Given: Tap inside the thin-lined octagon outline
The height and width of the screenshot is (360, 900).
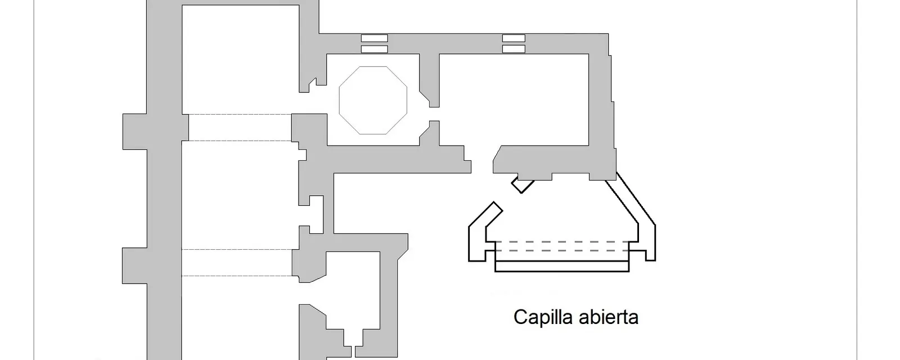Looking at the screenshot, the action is [x=373, y=100].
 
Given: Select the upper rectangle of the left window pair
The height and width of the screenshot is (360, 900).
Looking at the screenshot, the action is [x=375, y=38].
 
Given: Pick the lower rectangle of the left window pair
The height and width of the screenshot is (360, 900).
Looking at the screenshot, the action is [x=375, y=49].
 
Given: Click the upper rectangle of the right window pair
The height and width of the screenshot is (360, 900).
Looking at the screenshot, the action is [x=514, y=38].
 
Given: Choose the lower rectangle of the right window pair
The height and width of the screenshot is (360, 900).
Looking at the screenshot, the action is [x=514, y=49].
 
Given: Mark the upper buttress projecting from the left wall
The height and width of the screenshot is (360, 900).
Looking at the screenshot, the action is [x=135, y=132].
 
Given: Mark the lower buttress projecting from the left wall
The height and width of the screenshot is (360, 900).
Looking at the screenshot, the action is [x=135, y=266].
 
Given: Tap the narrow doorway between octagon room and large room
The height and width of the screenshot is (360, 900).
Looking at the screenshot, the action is [x=434, y=114].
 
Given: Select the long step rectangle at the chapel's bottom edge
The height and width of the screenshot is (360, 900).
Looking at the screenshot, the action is [x=562, y=266].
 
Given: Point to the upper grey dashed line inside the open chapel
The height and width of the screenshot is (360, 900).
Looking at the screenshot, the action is [x=562, y=242].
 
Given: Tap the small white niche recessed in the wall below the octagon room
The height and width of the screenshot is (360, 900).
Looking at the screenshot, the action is [x=317, y=214].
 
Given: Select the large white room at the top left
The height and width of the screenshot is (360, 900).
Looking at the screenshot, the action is [x=241, y=60].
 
